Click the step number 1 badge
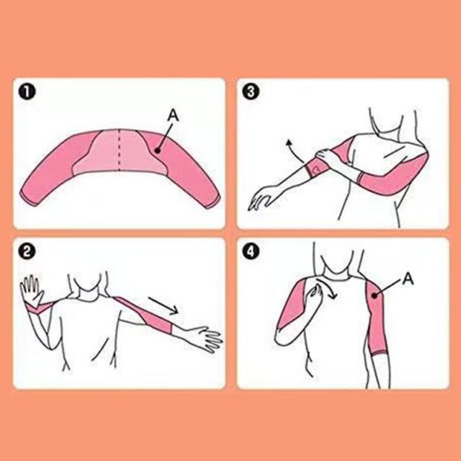27,92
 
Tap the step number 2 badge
27,252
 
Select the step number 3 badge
251,92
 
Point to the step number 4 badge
251,252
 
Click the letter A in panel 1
173,115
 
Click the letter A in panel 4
408,279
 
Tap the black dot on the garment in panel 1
158,151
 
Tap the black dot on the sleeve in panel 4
375,295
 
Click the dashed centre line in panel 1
119,150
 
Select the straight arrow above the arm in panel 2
164,305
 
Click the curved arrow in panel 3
294,151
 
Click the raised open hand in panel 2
32,290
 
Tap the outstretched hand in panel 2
206,338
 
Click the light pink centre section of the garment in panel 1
119,153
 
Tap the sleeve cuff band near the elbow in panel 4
379,352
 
